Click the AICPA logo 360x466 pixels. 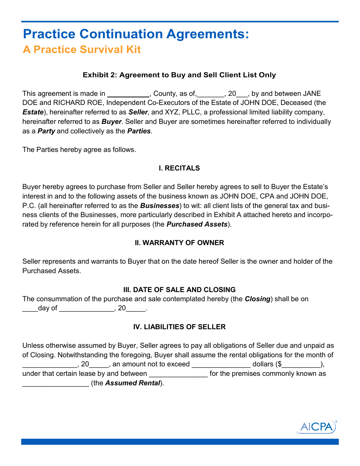click(316, 427)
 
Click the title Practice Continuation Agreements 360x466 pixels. click(136, 34)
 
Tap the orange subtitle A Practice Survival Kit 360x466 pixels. click(82, 50)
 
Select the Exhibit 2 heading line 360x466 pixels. click(179, 75)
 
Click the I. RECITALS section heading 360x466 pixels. click(179, 168)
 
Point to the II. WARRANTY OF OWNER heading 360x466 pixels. click(179, 243)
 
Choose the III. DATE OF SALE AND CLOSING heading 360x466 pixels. click(179, 290)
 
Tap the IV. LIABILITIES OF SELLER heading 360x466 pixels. click(179, 327)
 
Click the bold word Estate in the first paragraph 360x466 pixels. click(33, 112)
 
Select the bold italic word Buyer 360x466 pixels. click(111, 122)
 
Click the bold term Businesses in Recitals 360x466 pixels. click(160, 206)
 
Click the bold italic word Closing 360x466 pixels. click(257, 299)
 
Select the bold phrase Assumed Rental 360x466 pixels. click(132, 383)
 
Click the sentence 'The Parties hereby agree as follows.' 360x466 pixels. click(79, 150)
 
